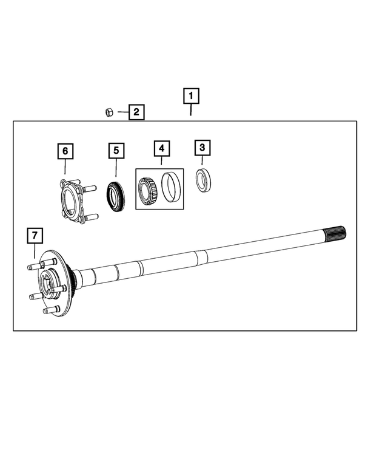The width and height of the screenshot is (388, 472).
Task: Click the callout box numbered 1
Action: pyautogui.click(x=191, y=96)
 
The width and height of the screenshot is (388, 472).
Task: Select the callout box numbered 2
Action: pyautogui.click(x=136, y=112)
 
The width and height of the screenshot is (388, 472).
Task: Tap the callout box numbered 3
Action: pyautogui.click(x=202, y=147)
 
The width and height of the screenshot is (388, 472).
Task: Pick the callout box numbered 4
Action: pyautogui.click(x=161, y=148)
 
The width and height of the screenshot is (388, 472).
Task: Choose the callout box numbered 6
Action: pyautogui.click(x=65, y=150)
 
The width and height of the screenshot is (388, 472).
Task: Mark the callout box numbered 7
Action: pyautogui.click(x=35, y=234)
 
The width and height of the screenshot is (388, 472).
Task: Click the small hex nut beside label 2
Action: pyautogui.click(x=109, y=112)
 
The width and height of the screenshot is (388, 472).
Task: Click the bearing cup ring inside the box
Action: pyautogui.click(x=169, y=186)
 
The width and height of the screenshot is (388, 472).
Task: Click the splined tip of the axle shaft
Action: pyautogui.click(x=335, y=233)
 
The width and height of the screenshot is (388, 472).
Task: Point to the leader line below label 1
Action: pyautogui.click(x=191, y=110)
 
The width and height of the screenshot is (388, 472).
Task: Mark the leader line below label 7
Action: pyautogui.click(x=35, y=251)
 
